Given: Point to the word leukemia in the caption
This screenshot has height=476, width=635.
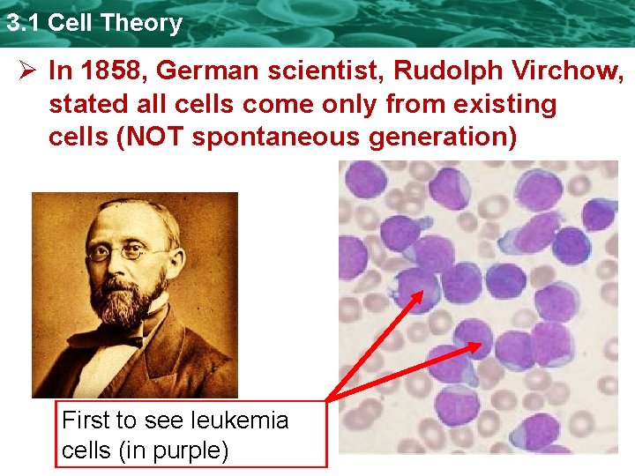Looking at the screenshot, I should (242, 420).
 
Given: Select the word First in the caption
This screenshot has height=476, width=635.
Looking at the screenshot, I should (86, 420).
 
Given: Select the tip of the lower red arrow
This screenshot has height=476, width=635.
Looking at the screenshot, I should (481, 345).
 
